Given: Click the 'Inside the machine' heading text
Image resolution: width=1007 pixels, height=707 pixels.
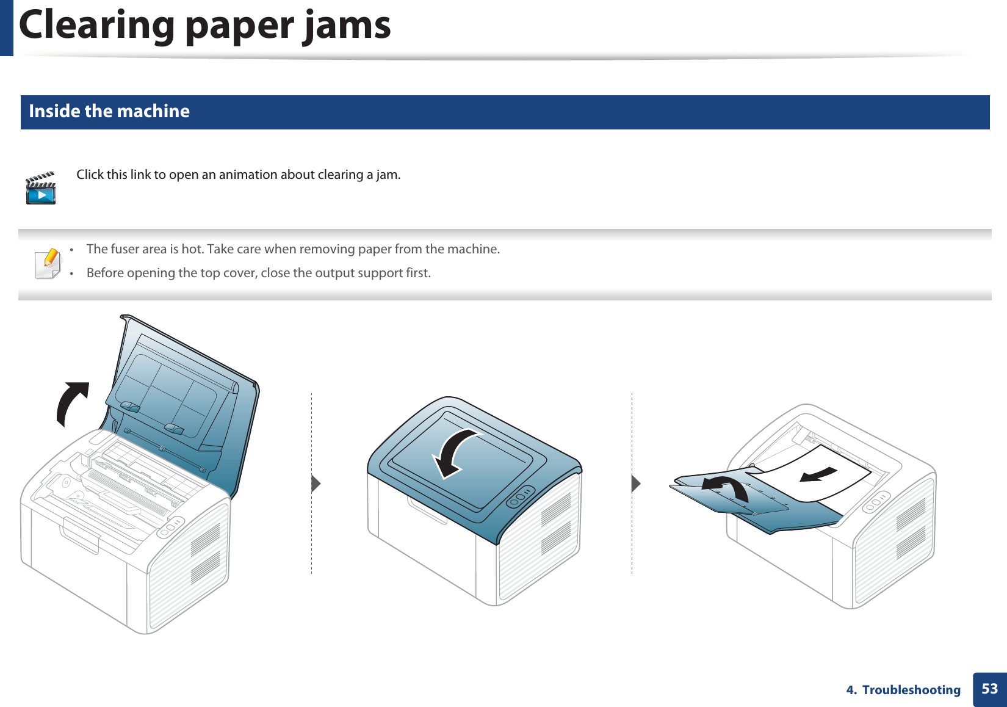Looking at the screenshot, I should point(109,111).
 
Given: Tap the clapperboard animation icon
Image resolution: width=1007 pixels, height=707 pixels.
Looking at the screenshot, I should point(41,189).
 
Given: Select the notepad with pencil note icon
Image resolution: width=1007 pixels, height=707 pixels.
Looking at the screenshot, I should point(48,264).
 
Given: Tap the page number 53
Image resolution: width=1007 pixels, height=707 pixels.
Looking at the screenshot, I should point(989,689).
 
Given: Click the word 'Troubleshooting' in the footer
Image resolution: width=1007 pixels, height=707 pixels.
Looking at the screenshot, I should point(911,690).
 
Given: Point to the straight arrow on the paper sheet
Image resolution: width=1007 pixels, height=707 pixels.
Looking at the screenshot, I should point(818,474).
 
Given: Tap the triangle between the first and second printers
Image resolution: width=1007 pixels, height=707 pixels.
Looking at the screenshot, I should point(316,484).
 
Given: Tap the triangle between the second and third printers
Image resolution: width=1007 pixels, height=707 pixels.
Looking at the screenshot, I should point(636,484).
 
